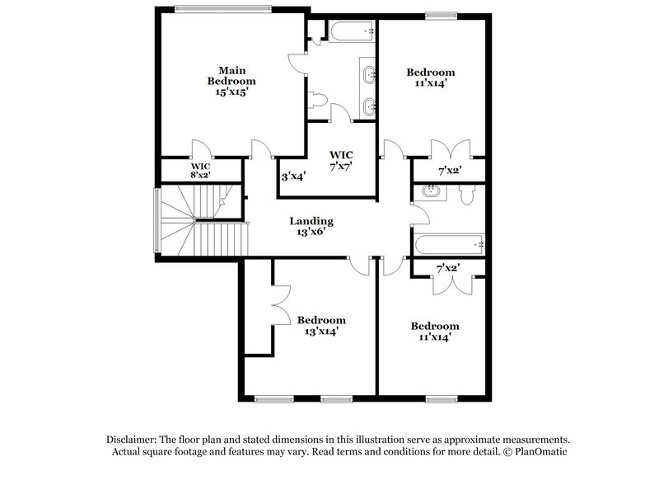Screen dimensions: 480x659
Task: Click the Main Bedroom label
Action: coord(231,75)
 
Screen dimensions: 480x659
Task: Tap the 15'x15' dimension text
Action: coord(231,93)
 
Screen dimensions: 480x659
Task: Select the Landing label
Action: coord(311,221)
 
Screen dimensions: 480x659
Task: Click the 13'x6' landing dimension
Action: coord(311,233)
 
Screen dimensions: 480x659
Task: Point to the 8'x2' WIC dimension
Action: coord(201,175)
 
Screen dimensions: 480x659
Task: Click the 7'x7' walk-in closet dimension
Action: coord(341,167)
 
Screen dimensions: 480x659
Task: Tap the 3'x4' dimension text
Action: coord(294,176)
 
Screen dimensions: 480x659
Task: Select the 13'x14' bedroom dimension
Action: coord(321,331)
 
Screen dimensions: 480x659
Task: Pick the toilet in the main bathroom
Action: coord(318,100)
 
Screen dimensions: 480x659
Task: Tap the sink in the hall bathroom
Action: coord(429,192)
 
